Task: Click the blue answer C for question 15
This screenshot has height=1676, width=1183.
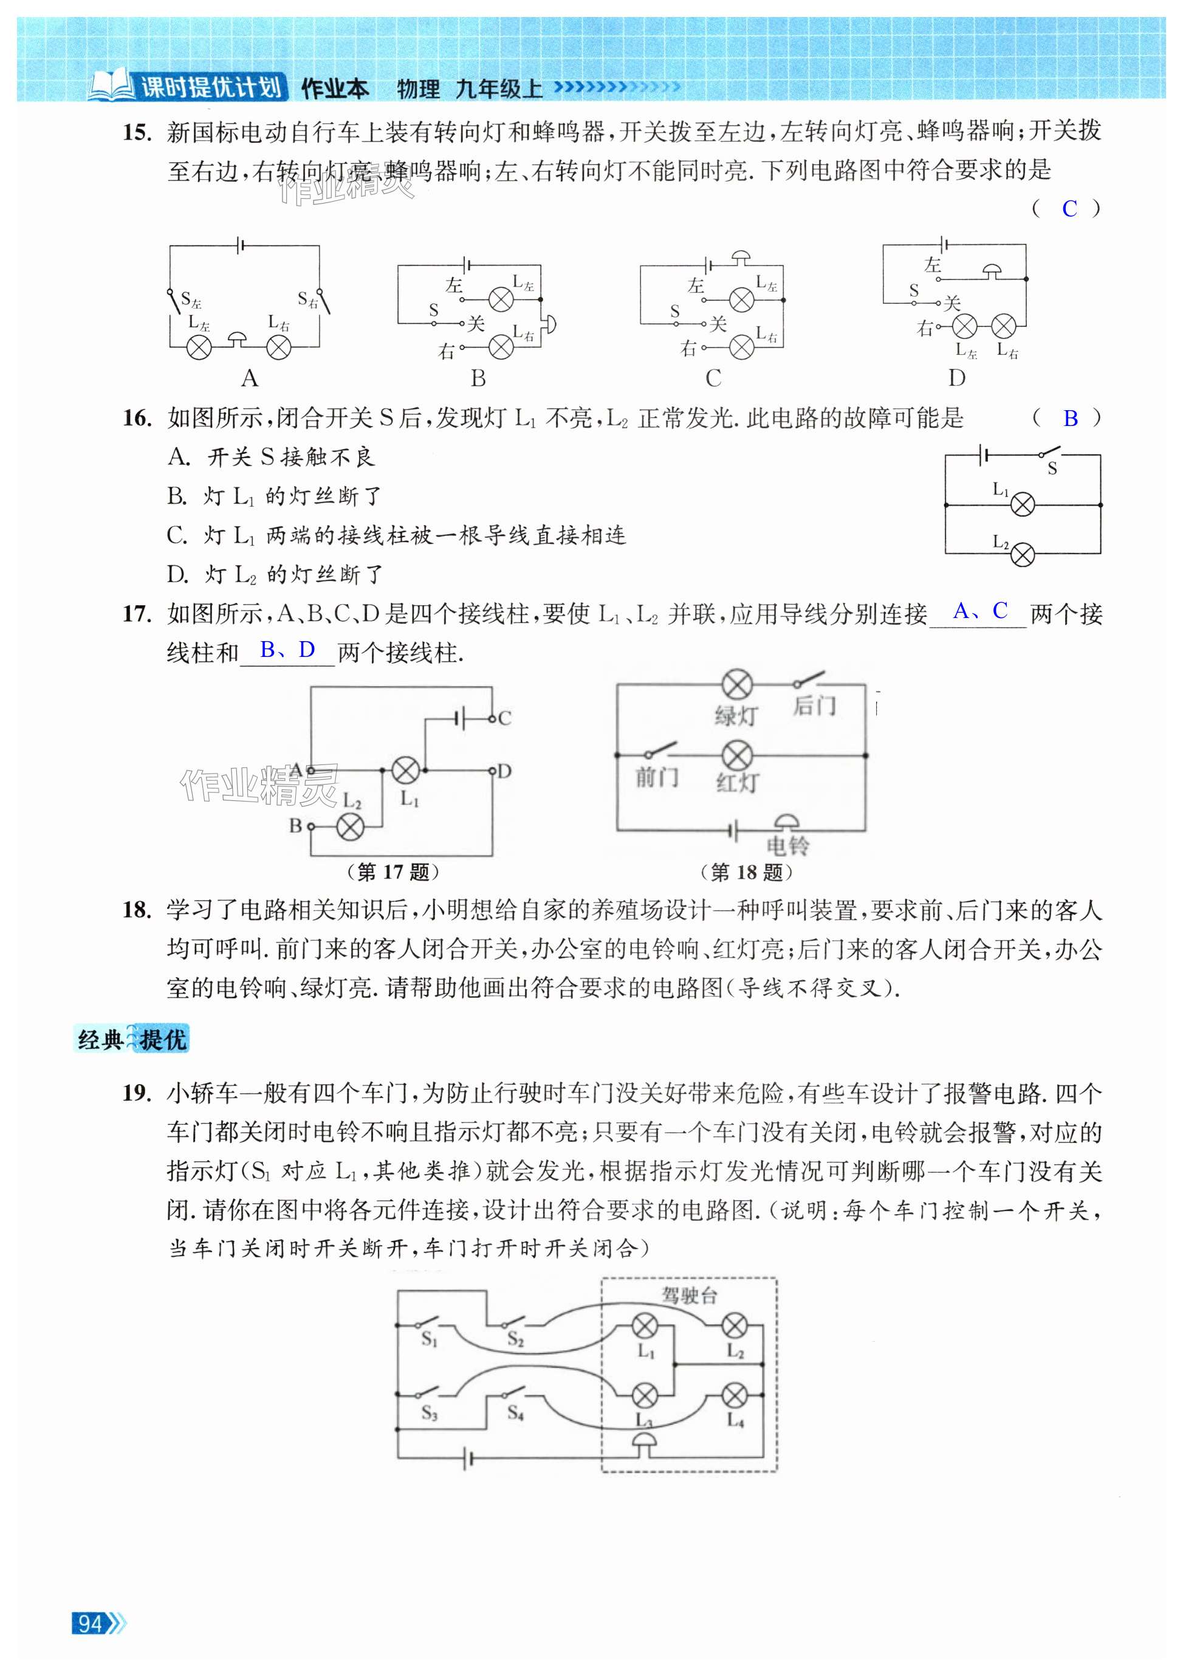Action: pyautogui.click(x=1069, y=209)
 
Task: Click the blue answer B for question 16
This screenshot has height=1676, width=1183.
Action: pyautogui.click(x=1070, y=418)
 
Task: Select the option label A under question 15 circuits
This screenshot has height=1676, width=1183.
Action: pyautogui.click(x=250, y=378)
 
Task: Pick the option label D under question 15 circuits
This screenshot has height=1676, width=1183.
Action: pyautogui.click(x=956, y=378)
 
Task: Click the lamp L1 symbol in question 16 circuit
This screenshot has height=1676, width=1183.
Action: pyautogui.click(x=1022, y=504)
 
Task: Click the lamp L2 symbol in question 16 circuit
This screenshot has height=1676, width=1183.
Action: pyautogui.click(x=1022, y=554)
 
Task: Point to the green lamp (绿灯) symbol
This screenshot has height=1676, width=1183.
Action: pyautogui.click(x=736, y=685)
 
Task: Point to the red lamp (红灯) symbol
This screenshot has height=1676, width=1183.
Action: pyautogui.click(x=736, y=755)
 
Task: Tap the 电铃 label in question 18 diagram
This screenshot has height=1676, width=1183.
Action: pyautogui.click(x=787, y=846)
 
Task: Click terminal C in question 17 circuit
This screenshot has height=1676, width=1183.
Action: pyautogui.click(x=504, y=718)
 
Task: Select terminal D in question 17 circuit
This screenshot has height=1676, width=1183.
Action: pyautogui.click(x=504, y=771)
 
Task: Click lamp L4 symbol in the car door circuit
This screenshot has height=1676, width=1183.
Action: pyautogui.click(x=734, y=1396)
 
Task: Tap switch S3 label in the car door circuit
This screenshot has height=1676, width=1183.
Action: pyautogui.click(x=429, y=1414)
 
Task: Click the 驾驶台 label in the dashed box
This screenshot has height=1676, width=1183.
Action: pyautogui.click(x=689, y=1296)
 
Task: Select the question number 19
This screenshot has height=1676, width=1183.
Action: pyautogui.click(x=137, y=1093)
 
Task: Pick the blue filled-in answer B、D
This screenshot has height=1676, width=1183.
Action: pyautogui.click(x=287, y=650)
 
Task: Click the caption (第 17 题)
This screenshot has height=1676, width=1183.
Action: pyautogui.click(x=393, y=871)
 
